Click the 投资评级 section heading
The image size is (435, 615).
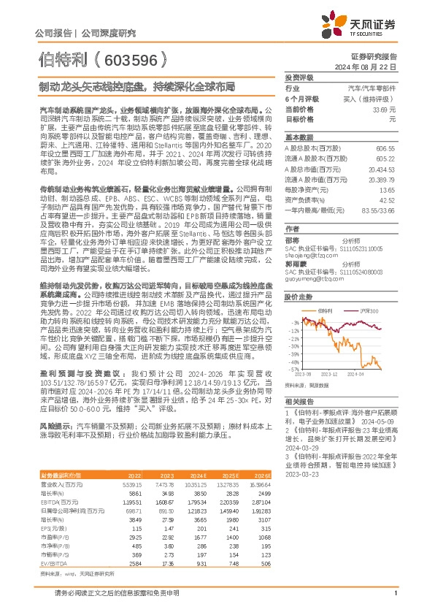(x=299, y=77)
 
